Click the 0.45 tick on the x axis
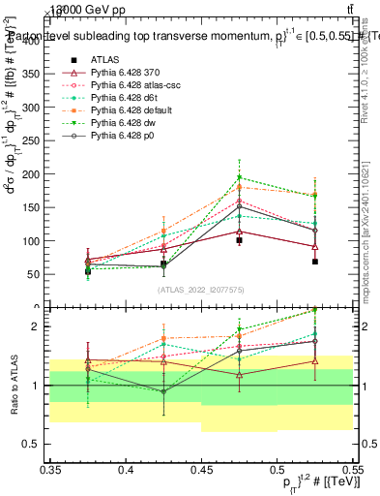201,470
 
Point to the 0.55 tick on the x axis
351,470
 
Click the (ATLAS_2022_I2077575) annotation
201,290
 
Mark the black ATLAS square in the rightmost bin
315,262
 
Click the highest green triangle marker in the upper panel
240,178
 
